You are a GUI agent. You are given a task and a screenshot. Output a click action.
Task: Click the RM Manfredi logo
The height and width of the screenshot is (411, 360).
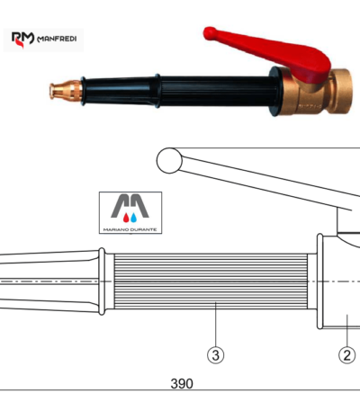point(43,40)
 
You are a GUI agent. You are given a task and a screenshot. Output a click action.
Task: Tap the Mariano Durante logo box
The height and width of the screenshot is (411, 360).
point(130,213)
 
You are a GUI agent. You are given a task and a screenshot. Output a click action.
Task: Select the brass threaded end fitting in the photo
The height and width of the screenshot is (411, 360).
point(340,91)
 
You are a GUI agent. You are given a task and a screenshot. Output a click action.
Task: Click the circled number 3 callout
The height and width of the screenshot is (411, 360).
point(216,355)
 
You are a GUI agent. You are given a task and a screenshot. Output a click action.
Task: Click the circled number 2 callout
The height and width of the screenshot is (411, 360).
point(347,355)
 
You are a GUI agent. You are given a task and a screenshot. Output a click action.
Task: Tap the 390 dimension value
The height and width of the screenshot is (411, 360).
point(182,384)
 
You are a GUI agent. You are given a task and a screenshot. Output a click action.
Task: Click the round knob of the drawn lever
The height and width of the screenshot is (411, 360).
point(169,160)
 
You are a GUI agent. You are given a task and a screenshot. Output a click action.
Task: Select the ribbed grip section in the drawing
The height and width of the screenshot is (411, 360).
point(211,281)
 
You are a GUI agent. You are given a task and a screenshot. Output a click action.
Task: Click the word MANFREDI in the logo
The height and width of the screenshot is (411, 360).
point(57,39)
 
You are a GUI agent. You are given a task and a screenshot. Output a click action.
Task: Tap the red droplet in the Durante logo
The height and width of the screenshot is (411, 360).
point(126,218)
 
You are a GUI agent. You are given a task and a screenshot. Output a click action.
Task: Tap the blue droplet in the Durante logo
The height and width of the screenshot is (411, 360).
point(134,218)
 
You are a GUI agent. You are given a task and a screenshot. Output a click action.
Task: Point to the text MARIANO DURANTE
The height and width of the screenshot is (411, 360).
point(130,229)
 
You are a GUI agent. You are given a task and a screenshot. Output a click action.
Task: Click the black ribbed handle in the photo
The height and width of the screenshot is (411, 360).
point(218,92)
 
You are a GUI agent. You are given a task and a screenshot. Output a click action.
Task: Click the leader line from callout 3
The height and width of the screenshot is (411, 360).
point(216,325)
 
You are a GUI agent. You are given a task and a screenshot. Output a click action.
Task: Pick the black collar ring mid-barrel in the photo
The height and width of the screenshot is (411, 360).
point(157,91)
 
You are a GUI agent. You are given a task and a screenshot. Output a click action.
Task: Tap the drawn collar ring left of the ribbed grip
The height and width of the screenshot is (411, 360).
point(102,281)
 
